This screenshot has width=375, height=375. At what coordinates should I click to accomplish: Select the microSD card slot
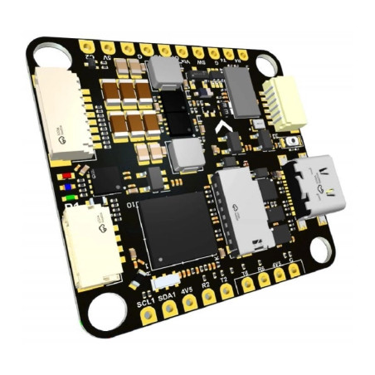point(242,214)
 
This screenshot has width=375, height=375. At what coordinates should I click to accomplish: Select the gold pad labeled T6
point(247,285)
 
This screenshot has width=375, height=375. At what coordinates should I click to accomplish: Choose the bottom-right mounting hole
point(319,246)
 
